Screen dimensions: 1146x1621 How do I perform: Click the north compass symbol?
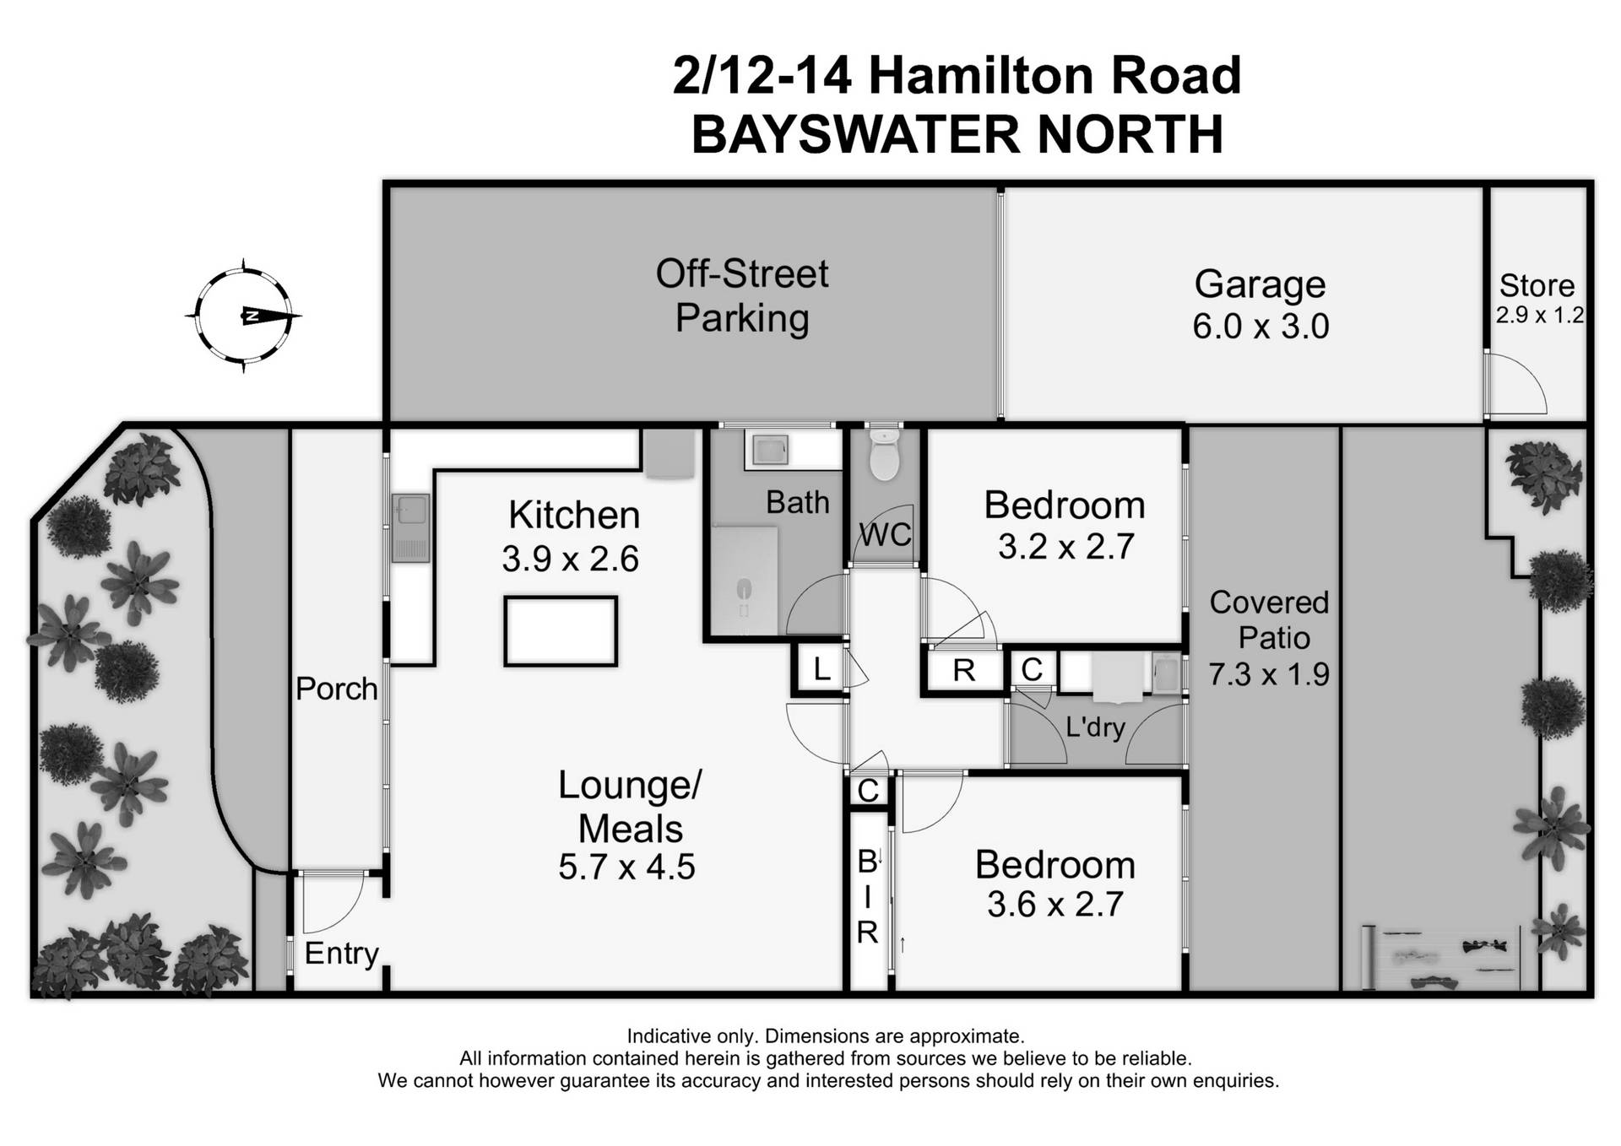coord(244,316)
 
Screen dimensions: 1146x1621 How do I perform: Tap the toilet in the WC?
coord(884,457)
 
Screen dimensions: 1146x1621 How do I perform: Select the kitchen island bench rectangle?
coord(561,631)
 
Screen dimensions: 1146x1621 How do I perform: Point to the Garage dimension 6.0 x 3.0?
coord(1260,327)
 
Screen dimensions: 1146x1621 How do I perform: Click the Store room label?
coord(1537,286)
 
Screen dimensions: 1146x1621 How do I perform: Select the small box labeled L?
coord(821,670)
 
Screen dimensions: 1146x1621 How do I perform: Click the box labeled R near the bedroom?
coord(963,671)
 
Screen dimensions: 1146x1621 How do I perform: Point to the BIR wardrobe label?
coord(868,897)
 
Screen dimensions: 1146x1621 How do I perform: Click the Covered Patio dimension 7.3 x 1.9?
coord(1269,674)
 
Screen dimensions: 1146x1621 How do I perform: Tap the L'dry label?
coord(1095,727)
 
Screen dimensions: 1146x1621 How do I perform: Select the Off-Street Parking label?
coord(742,296)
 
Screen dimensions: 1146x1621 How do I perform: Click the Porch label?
coord(336,689)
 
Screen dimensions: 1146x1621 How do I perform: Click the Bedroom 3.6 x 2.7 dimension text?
coord(1054,905)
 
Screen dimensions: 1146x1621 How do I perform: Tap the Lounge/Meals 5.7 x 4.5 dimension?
coord(626,868)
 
